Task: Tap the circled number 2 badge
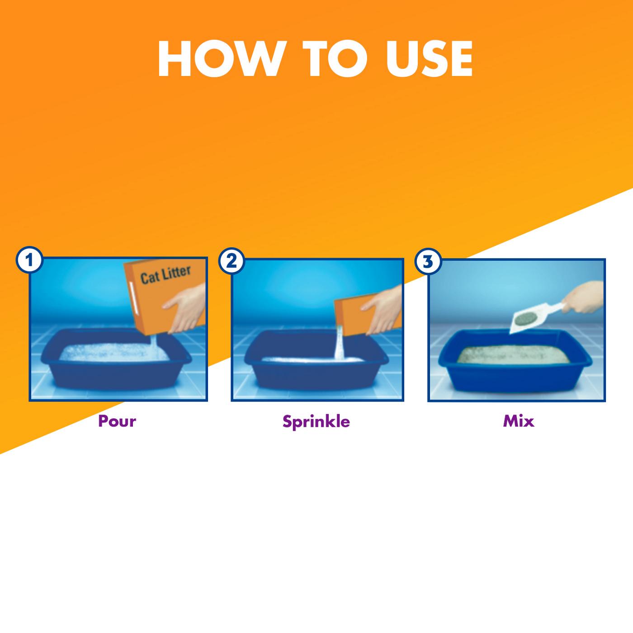(x=231, y=261)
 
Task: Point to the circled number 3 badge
(x=427, y=262)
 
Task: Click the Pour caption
(x=117, y=421)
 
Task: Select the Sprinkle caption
(x=316, y=421)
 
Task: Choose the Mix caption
(x=518, y=421)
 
